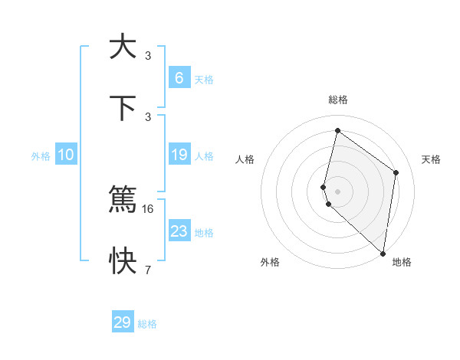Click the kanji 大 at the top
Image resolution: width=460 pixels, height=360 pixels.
(x=123, y=47)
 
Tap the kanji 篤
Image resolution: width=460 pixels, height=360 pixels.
(x=123, y=200)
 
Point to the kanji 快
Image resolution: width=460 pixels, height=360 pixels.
(x=123, y=261)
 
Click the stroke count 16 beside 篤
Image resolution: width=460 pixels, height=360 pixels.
(x=149, y=208)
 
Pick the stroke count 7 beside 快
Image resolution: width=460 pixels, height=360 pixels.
(x=148, y=270)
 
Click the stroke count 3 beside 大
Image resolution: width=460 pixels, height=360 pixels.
(x=148, y=55)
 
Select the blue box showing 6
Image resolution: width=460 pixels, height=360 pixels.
(x=179, y=77)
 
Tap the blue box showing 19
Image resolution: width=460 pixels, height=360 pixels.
(x=179, y=155)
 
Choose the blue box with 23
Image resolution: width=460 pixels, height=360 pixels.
(x=179, y=231)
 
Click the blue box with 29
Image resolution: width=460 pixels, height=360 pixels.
(x=123, y=322)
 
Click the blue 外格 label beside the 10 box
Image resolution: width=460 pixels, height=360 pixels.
(x=41, y=156)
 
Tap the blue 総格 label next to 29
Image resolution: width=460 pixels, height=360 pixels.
(x=147, y=324)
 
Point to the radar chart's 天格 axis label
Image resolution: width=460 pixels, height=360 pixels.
(x=431, y=159)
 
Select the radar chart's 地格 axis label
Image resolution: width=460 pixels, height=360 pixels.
(x=402, y=262)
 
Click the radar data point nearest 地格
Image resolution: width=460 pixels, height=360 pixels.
(x=383, y=254)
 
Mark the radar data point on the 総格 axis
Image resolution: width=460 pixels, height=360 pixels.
(x=337, y=131)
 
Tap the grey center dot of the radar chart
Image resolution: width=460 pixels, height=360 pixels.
(x=337, y=191)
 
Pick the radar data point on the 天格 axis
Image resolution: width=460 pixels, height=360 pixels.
(x=396, y=172)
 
